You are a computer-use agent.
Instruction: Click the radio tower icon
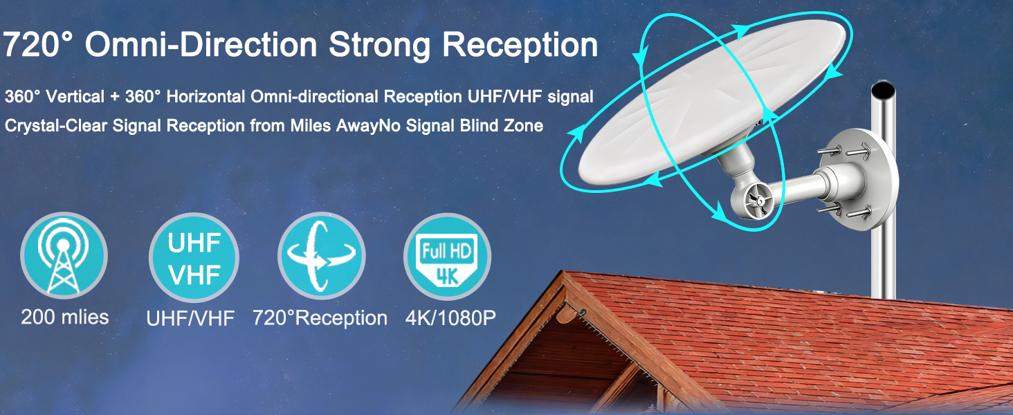point(64,255)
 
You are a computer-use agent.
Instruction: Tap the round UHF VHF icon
point(194,257)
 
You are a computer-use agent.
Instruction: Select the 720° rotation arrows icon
point(322,256)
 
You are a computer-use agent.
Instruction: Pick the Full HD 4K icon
point(447,257)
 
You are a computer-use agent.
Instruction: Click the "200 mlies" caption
point(64,317)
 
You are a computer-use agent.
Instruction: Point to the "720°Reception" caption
point(320,317)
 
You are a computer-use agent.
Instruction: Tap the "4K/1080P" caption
point(450,317)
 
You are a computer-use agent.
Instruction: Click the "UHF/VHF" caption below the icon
point(190,318)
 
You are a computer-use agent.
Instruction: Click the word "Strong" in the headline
point(379,45)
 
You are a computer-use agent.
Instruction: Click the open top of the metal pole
point(883,89)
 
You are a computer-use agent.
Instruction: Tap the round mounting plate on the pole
point(863,179)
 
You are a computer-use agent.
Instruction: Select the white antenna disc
point(712,102)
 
